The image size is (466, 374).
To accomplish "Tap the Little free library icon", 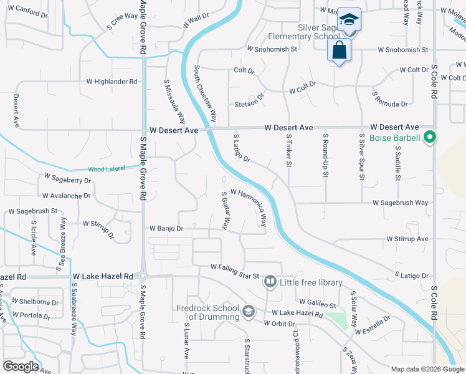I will click(270, 282).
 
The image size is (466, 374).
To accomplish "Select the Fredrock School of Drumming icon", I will click(248, 311).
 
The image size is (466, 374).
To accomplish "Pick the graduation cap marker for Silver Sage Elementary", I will click(350, 21).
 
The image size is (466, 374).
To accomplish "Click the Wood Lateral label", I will click(106, 168).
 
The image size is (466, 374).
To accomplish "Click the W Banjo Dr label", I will click(166, 229).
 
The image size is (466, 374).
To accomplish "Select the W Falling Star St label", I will click(234, 267).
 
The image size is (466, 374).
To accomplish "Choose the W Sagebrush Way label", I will click(401, 203).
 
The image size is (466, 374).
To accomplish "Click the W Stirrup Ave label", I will click(407, 239).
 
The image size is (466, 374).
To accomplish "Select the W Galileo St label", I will click(317, 302).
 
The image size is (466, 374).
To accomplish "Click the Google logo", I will click(21, 367).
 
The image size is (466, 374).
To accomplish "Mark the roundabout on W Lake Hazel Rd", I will click(143, 277).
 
